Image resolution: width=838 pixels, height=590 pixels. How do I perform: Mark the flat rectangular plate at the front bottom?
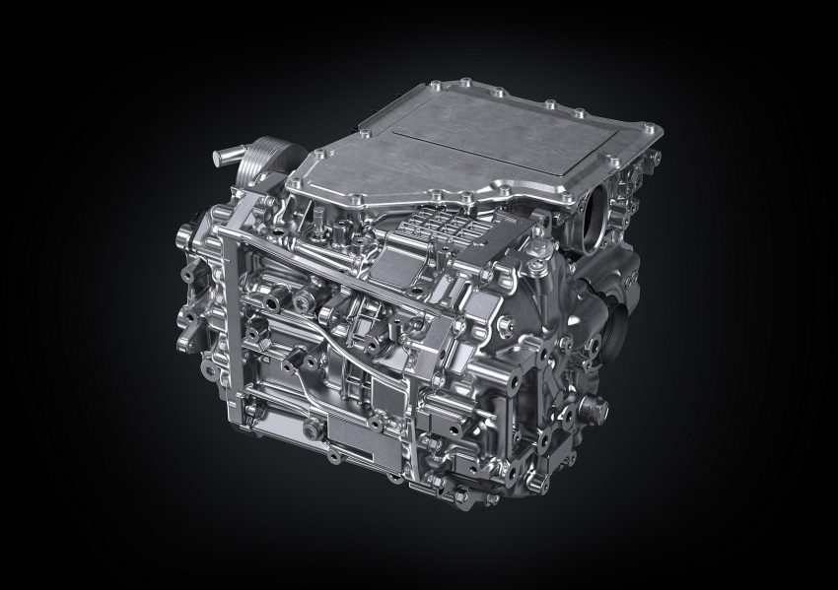pos(351,433)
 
